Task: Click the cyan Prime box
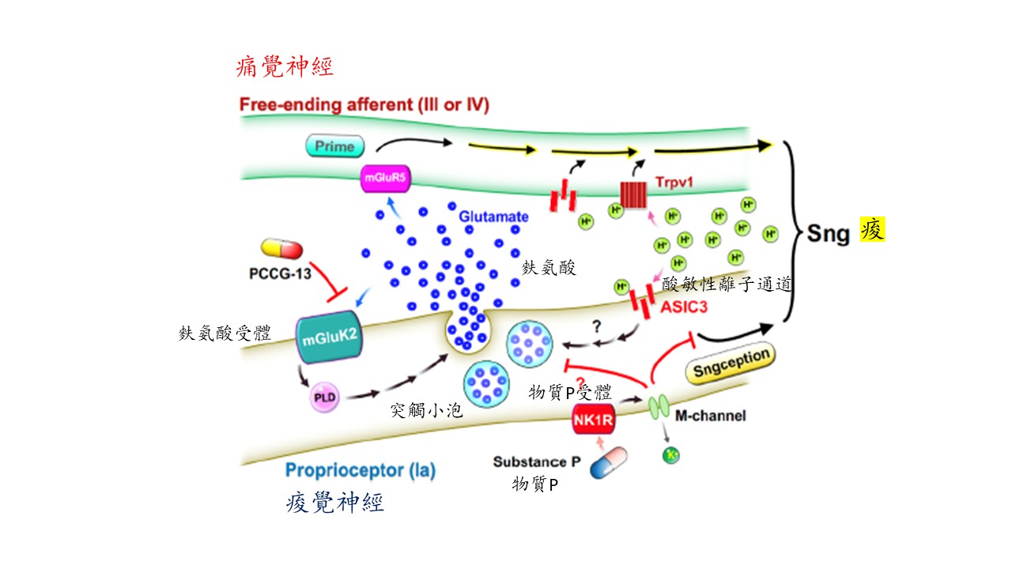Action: [x=334, y=145]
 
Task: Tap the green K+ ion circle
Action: [x=671, y=454]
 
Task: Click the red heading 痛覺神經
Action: [x=285, y=66]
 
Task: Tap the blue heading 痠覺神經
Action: [x=335, y=503]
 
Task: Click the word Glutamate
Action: [x=494, y=216]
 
